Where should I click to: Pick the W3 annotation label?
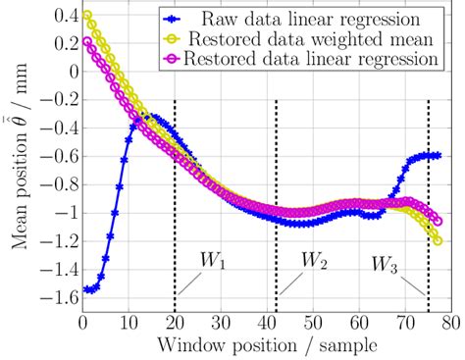386,264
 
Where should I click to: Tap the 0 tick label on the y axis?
69,72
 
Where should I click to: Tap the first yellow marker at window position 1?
88,16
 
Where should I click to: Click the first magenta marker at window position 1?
88,41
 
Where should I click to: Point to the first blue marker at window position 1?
88,289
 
